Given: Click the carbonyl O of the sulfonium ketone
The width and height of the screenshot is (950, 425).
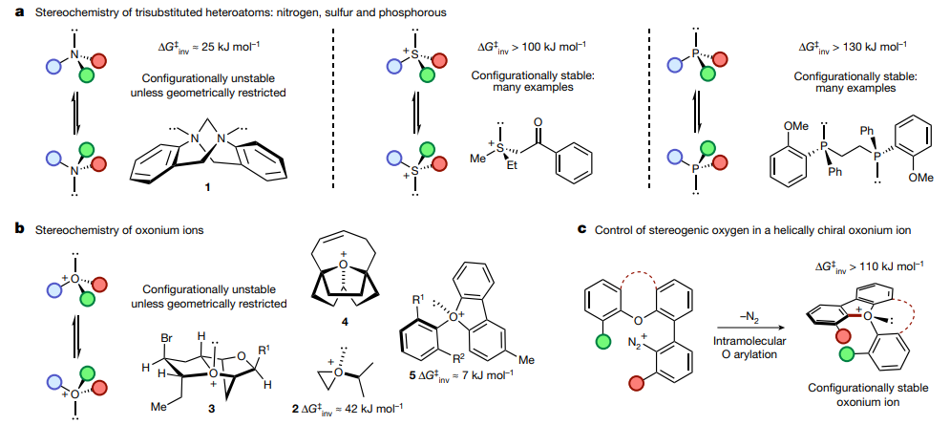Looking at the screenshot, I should point(538,122).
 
